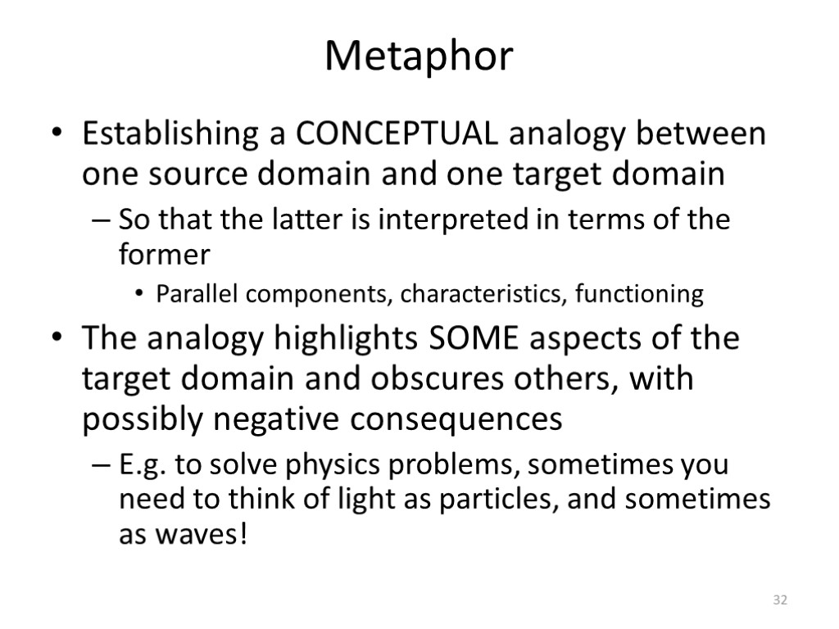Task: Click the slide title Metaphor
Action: [x=419, y=57]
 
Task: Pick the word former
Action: [x=164, y=256]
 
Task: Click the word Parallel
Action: [x=193, y=294]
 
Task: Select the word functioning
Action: [x=639, y=294]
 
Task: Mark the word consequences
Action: [x=457, y=420]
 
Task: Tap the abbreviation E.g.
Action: [x=143, y=465]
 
